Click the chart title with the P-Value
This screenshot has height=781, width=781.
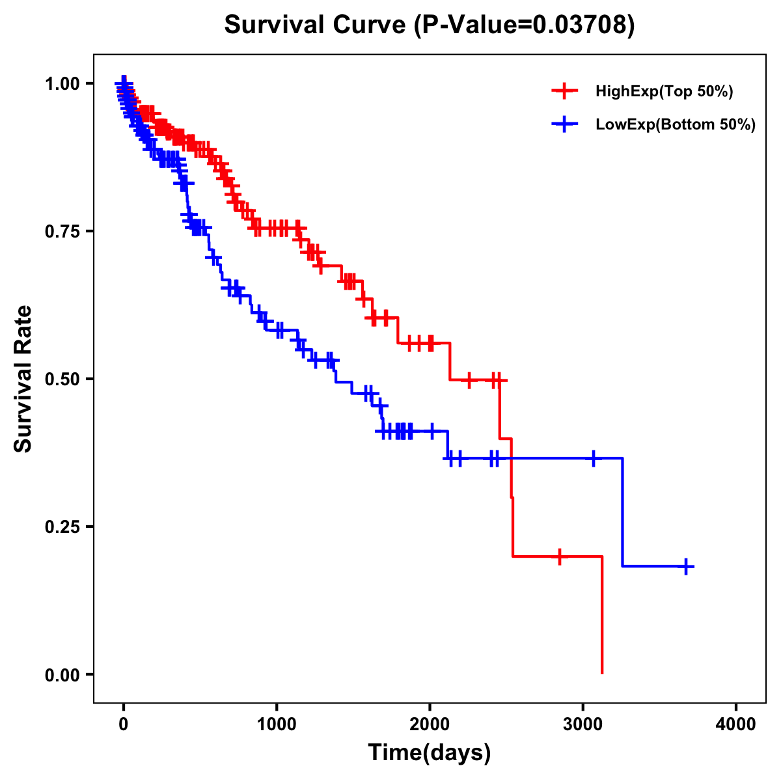[429, 25]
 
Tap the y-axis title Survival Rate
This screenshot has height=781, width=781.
[23, 378]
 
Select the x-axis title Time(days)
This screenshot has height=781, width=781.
[429, 753]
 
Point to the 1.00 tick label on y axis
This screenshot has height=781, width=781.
[62, 84]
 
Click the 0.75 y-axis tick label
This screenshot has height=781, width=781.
[62, 232]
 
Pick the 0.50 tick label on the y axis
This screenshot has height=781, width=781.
[62, 379]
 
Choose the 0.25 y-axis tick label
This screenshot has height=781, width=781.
[62, 527]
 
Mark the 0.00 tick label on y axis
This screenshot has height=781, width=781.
[62, 675]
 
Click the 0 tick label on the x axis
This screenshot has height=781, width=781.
[124, 724]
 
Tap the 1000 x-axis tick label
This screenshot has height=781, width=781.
[277, 724]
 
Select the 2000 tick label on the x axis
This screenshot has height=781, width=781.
[430, 724]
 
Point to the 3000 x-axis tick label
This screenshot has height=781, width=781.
[583, 724]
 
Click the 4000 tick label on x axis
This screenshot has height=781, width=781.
[736, 724]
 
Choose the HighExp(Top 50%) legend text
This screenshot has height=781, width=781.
[665, 92]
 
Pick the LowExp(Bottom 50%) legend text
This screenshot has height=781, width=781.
[676, 125]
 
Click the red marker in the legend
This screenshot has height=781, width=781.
[564, 91]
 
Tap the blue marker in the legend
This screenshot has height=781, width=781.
[564, 124]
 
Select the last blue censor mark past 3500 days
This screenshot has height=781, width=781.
[686, 566]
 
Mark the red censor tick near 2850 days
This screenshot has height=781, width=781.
[560, 556]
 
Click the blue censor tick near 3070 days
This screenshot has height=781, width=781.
[594, 458]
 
